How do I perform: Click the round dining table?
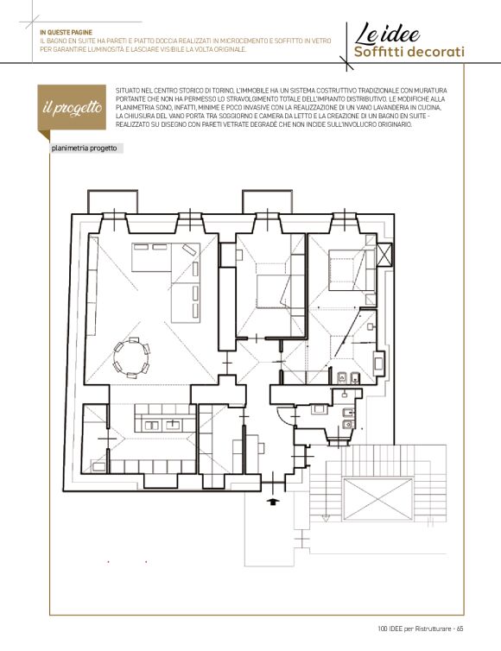pos(131,358)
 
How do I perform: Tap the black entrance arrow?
pos(272,502)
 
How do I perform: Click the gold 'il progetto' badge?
pos(73,108)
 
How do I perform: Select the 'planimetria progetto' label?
pos(85,149)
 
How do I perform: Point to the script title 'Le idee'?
pos(387,35)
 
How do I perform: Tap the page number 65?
pos(460,629)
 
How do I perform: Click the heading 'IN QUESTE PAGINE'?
pos(66,33)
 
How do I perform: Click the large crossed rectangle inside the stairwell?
pos(377,499)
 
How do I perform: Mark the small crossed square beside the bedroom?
pos(384,254)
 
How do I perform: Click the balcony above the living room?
pos(112,202)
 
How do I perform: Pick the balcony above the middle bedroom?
pos(268,202)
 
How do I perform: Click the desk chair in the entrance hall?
pos(262,448)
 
